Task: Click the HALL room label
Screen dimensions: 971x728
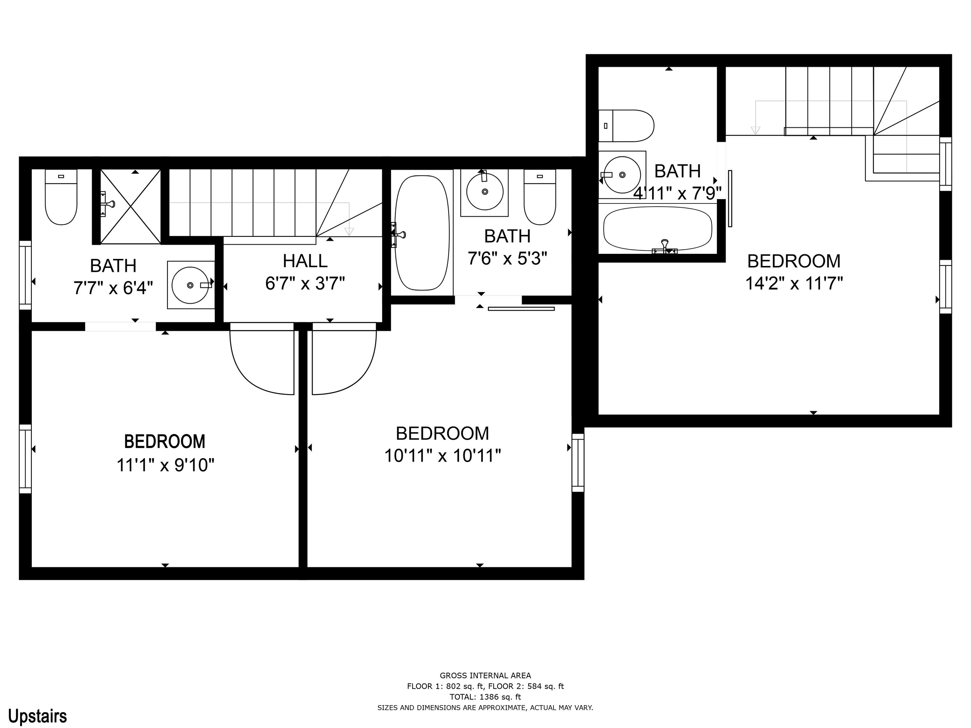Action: click(305, 261)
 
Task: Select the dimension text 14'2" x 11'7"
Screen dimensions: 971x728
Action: click(794, 283)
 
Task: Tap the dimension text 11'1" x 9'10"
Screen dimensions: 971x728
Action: click(165, 465)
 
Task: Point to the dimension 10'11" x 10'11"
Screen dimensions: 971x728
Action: click(442, 455)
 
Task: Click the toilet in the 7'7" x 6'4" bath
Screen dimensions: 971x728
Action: click(61, 197)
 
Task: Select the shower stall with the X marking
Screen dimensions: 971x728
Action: click(131, 206)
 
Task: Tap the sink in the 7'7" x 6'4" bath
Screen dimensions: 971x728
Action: click(191, 285)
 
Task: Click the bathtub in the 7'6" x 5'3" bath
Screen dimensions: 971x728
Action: click(422, 233)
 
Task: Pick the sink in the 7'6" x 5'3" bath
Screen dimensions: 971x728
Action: click(485, 192)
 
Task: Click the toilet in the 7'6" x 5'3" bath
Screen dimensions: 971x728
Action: click(540, 197)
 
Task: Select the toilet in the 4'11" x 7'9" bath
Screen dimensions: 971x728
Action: click(626, 126)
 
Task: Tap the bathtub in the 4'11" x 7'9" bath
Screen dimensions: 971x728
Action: click(658, 229)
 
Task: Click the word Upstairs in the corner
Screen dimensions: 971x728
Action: click(38, 716)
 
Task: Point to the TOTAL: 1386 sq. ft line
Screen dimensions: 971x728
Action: click(486, 697)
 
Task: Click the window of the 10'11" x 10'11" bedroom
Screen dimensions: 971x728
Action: click(578, 462)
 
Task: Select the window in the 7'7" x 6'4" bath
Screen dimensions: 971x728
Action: click(26, 275)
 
